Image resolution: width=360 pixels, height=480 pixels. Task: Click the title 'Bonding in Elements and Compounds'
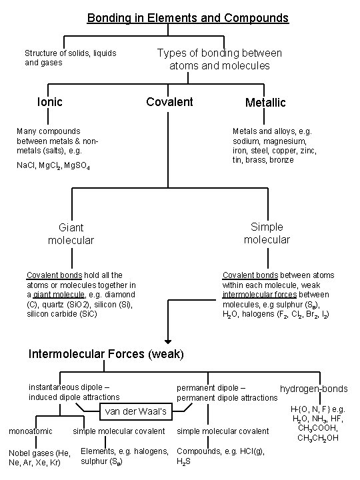point(188,18)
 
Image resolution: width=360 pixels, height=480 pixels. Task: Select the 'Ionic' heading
point(50,102)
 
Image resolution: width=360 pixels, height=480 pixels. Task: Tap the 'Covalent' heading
point(169,102)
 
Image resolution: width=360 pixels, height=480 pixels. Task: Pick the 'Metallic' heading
point(265,103)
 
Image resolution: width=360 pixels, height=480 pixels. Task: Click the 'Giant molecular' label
point(71,233)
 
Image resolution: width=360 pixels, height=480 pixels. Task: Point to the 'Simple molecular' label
point(267,233)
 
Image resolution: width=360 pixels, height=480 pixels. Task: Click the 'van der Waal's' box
point(135,411)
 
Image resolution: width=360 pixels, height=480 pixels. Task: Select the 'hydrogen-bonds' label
point(313,389)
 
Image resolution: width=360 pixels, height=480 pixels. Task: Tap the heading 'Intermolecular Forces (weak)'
point(105,353)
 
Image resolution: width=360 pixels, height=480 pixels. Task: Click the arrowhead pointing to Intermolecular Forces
point(167,336)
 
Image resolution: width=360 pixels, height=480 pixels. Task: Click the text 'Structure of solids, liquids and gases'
point(71,57)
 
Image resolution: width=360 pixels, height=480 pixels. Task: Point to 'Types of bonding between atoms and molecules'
point(219,59)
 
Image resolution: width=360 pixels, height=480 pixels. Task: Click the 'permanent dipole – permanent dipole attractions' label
point(227,393)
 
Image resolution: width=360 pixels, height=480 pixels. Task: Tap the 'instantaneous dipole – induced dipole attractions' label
point(74,392)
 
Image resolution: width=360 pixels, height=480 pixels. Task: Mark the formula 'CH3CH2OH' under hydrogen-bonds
point(319,437)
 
